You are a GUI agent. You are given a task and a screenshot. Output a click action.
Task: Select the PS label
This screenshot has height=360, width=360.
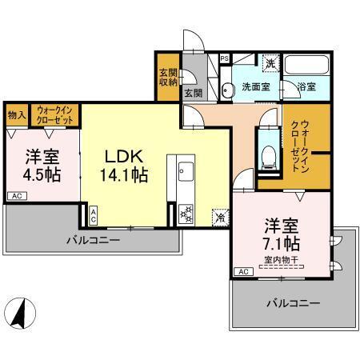[x=225, y=58]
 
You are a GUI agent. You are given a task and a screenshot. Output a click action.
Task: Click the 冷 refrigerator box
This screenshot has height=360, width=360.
[x=218, y=215]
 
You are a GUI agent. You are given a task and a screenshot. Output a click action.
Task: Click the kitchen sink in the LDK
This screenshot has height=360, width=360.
[x=184, y=169]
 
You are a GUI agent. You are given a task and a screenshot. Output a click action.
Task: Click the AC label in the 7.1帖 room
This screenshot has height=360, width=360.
[x=242, y=272]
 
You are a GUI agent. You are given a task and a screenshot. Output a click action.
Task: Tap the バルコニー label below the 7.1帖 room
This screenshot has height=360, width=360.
[x=294, y=304]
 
